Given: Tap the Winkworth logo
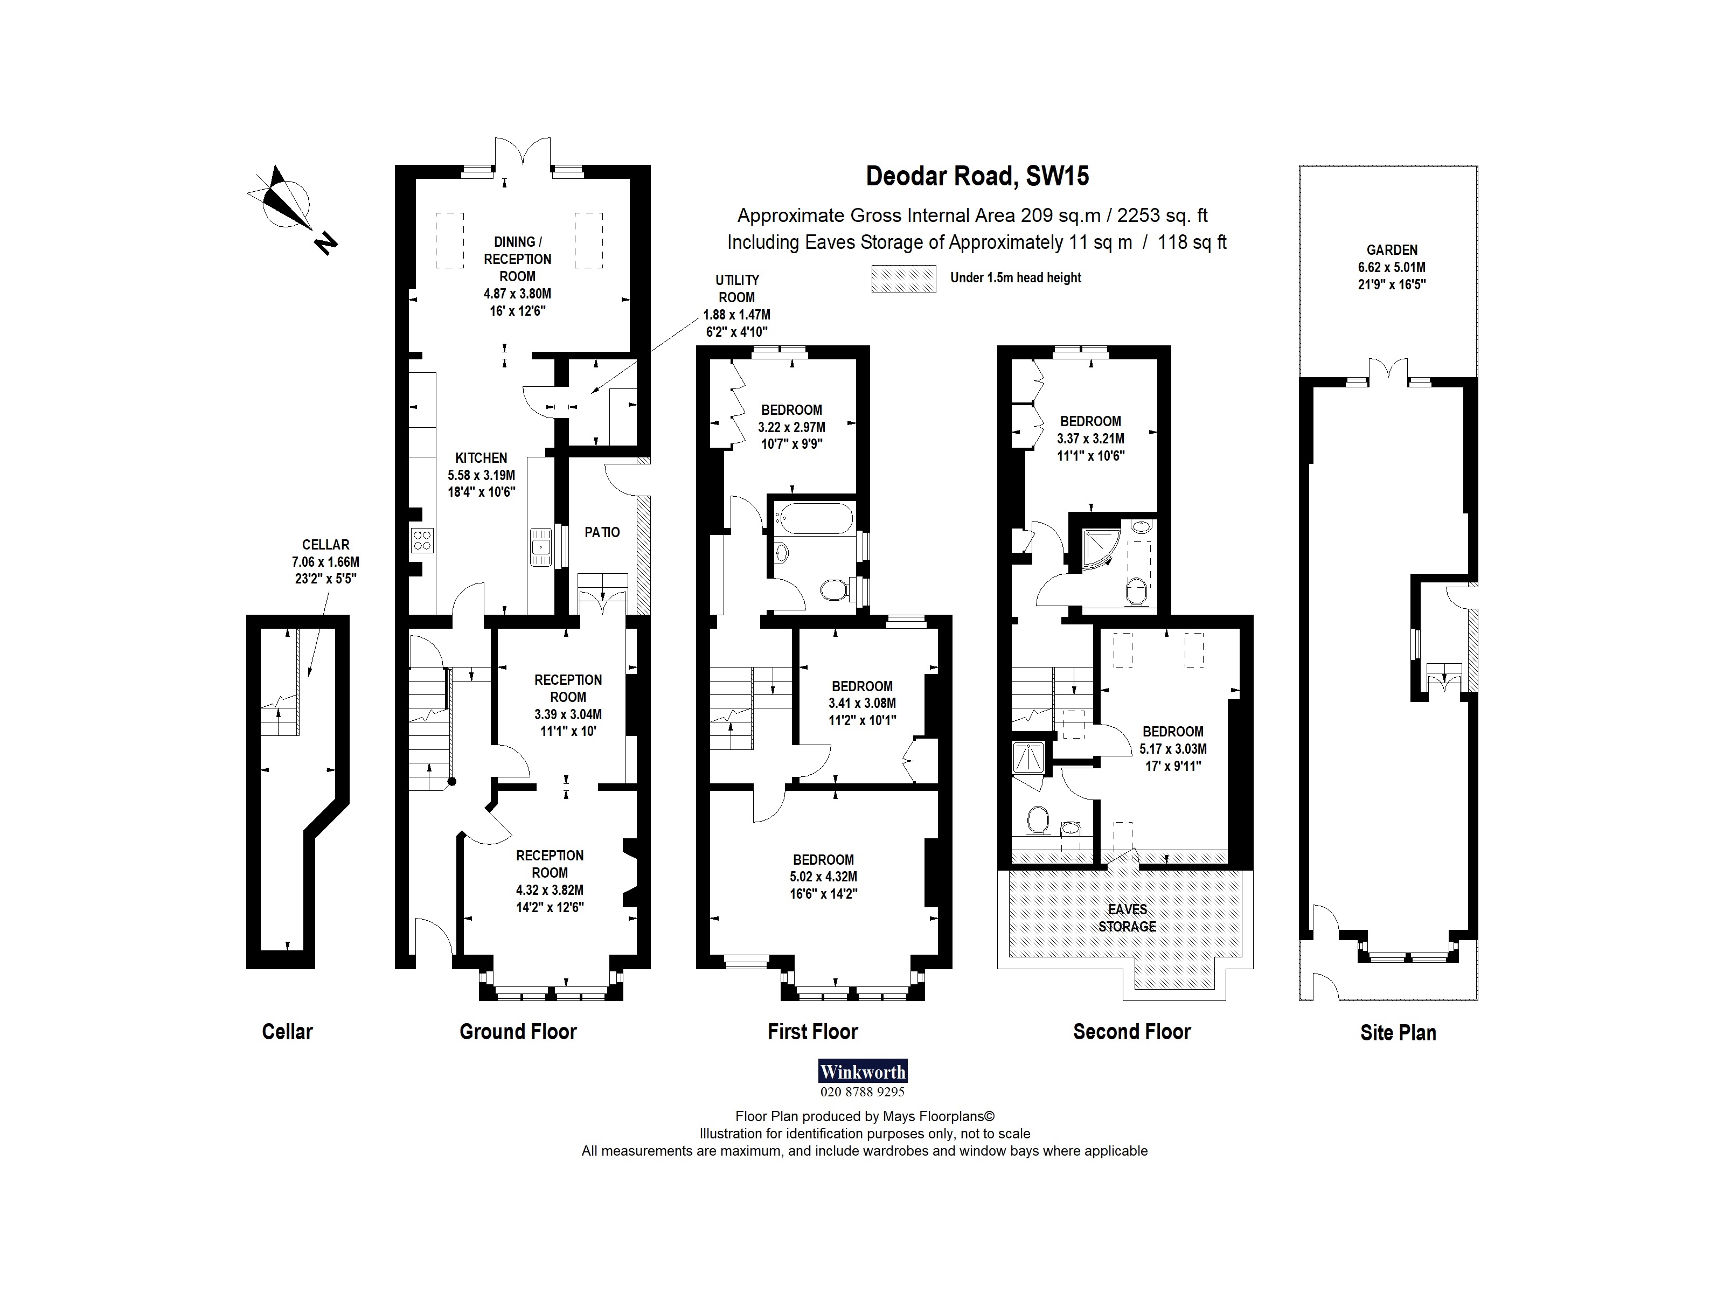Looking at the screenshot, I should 862,1071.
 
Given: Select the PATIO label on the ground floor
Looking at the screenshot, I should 602,532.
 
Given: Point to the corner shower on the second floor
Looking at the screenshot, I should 1101,550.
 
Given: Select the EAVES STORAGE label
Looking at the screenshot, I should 1127,917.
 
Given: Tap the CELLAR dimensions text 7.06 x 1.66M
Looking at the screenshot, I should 326,562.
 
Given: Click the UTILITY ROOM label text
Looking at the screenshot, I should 736,288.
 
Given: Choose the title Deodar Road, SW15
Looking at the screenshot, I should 977,176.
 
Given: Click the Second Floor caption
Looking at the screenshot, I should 1132,1032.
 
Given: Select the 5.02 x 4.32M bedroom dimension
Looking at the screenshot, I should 823,877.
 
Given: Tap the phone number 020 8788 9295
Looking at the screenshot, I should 862,1092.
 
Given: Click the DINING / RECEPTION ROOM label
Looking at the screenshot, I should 517,259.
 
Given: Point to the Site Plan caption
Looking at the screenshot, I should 1398,1033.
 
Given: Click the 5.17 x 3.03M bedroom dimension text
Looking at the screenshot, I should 1173,749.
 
